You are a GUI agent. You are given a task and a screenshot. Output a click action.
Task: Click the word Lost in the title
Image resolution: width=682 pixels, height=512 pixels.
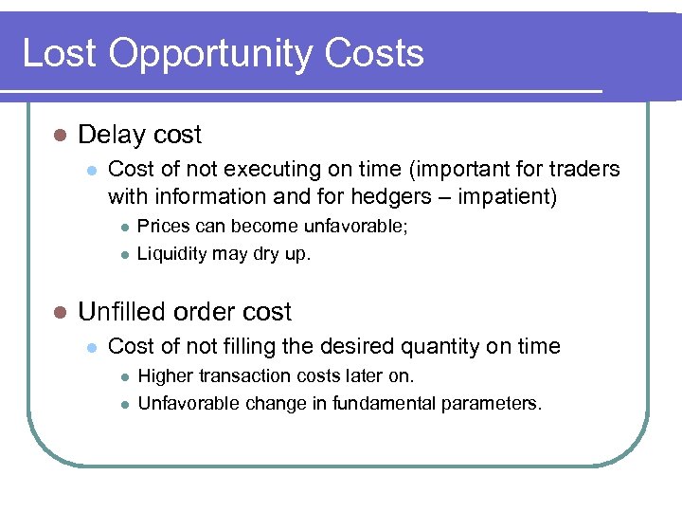59,54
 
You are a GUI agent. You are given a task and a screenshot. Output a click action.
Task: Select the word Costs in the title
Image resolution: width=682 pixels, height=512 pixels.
375,54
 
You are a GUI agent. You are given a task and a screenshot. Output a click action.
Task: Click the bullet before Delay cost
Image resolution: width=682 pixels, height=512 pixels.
58,136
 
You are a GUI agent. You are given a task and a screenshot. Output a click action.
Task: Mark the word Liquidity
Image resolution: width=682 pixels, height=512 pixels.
171,254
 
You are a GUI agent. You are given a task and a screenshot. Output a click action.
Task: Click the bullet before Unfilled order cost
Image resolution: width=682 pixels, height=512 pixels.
58,312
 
